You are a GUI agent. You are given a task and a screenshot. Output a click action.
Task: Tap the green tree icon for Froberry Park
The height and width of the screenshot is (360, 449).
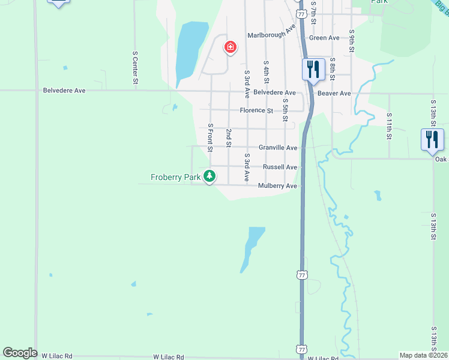tap(209, 176)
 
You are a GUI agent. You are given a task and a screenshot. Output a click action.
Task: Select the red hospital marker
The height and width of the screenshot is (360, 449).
tap(230, 47)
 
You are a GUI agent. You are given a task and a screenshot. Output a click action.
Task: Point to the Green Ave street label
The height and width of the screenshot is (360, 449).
tap(324, 38)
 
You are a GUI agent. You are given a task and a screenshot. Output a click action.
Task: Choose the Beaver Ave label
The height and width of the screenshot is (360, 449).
tap(334, 94)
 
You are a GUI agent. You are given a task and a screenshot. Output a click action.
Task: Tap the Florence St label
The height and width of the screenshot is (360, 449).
tap(256, 110)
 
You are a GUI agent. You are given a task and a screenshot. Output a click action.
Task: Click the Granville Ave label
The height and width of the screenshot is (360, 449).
tap(278, 148)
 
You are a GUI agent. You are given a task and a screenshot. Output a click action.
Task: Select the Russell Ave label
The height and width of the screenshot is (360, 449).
tap(280, 167)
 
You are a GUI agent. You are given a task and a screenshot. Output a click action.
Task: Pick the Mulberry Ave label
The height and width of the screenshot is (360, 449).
tap(277, 187)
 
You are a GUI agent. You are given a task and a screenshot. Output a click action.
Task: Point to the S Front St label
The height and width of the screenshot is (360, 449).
tap(210, 137)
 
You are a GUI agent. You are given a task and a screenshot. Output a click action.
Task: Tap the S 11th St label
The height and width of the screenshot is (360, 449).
tap(389, 126)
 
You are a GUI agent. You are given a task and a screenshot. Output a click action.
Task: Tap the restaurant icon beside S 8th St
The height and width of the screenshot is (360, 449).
tap(313, 69)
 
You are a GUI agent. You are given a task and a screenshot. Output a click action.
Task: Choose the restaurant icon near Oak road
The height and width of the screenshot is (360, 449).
tap(432, 139)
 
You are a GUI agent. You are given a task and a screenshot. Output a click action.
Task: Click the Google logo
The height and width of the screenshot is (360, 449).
tap(20, 353)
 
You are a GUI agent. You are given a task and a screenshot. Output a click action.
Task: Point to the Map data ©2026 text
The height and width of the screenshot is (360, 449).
tap(424, 355)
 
